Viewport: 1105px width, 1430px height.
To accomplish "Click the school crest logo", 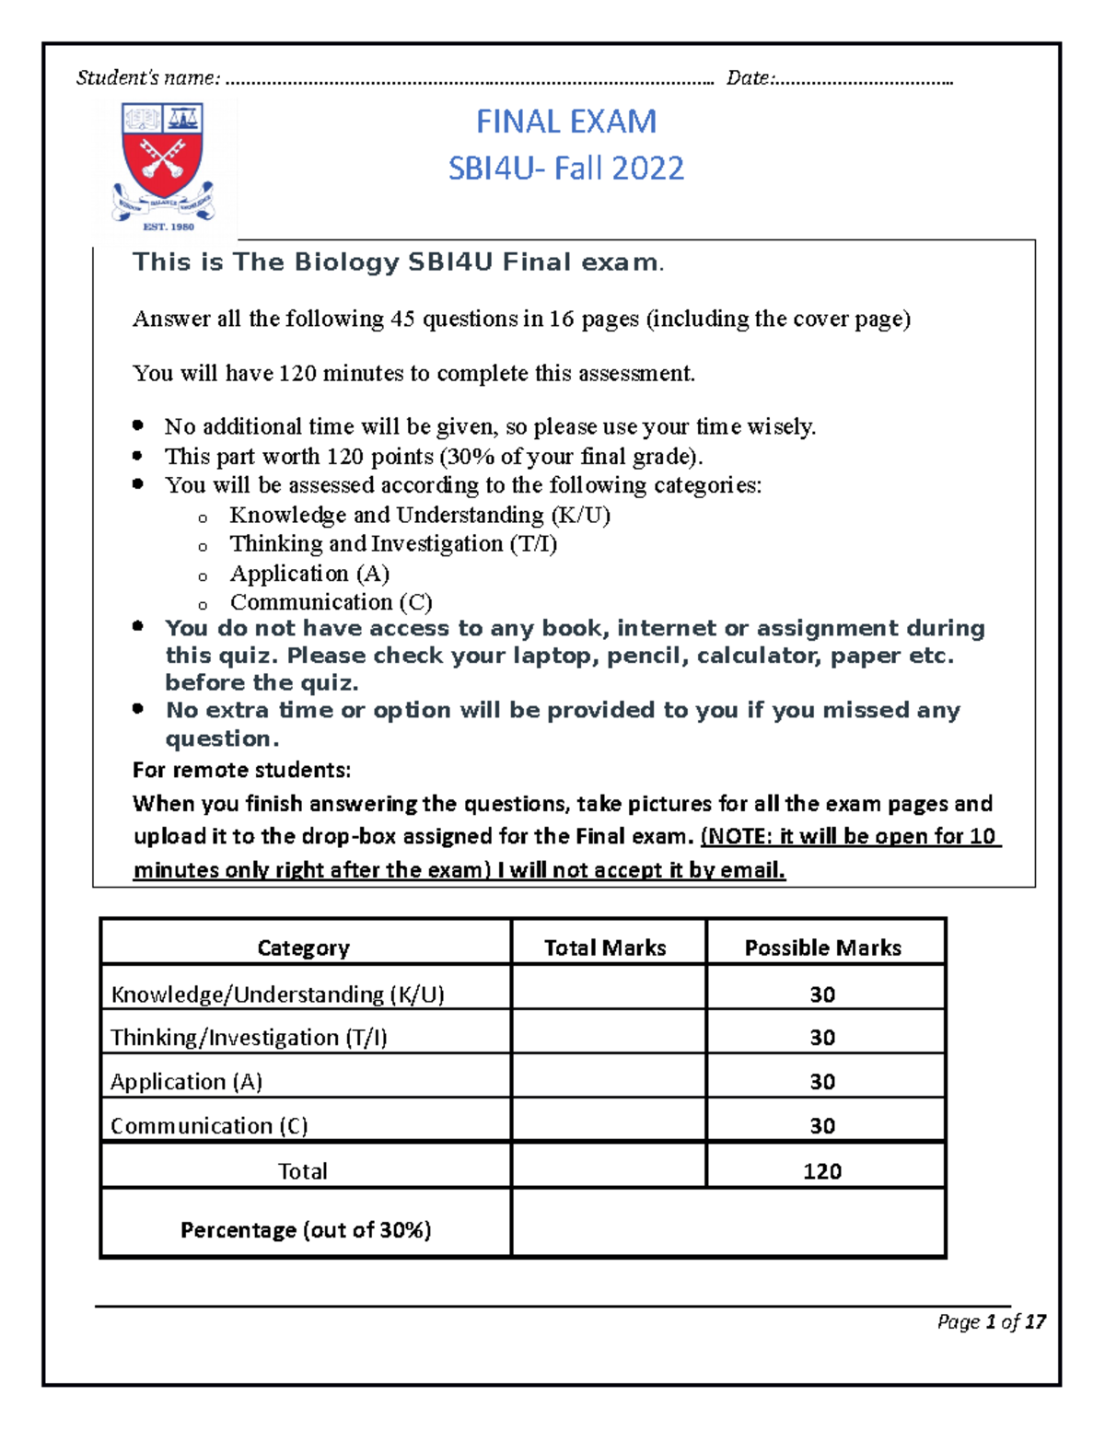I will click(x=164, y=157).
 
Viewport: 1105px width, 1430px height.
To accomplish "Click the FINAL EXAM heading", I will click(x=566, y=122).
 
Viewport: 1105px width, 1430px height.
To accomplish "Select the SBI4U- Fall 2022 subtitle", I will click(x=566, y=169).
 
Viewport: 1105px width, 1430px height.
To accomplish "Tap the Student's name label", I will click(x=148, y=78).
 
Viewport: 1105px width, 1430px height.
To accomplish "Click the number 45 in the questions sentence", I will click(x=403, y=320).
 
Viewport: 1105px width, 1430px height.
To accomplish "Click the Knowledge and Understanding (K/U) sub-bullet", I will click(x=420, y=516).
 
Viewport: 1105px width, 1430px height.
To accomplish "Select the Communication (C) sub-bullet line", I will click(x=331, y=602).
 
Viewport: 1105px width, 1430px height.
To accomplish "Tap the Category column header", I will click(x=303, y=948).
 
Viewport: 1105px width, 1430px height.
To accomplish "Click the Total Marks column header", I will click(x=605, y=948).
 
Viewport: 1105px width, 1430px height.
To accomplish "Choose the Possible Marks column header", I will click(x=822, y=948).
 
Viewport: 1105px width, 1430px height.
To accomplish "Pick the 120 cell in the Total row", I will click(x=822, y=1171).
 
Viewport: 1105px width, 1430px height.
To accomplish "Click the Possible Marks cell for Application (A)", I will click(x=822, y=1082).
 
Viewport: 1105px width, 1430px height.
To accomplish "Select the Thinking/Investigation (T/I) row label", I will click(x=249, y=1038).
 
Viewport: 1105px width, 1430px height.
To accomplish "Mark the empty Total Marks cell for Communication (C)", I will click(x=608, y=1125).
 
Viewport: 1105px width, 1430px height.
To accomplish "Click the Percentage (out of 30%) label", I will click(x=306, y=1230).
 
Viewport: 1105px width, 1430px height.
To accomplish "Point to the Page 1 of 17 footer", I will click(x=991, y=1322).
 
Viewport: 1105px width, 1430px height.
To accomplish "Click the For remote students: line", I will click(x=241, y=770).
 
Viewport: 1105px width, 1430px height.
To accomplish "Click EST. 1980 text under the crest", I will click(x=169, y=227).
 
